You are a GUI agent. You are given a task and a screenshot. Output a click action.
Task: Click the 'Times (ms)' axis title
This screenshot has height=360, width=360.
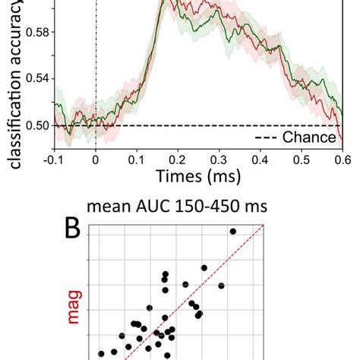197,178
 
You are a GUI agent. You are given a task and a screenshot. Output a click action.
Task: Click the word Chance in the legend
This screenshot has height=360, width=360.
308,137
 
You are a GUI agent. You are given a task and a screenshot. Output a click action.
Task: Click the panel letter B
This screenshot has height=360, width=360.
71,228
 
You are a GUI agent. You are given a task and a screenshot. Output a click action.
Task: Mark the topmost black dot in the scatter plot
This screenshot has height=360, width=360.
232,231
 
